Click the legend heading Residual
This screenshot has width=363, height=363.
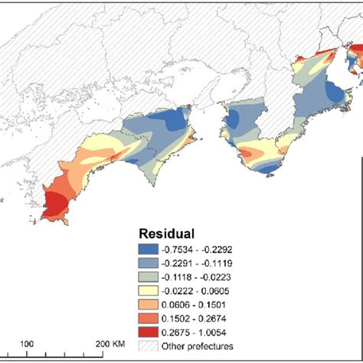click(166, 233)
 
